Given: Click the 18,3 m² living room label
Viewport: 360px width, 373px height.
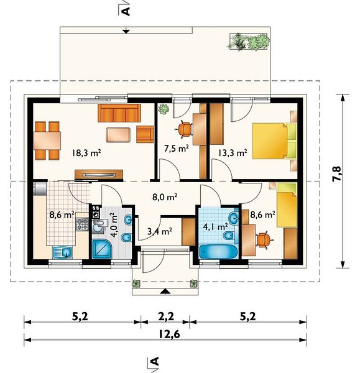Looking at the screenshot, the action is pos(86,153).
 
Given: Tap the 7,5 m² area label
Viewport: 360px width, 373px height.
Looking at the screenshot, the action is pos(177,149).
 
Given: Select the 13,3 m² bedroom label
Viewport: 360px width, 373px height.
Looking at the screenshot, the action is pos(233,153).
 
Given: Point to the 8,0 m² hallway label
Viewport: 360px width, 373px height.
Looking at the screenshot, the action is pos(165,197).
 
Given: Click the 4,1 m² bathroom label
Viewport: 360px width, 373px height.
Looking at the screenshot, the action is pos(216,226).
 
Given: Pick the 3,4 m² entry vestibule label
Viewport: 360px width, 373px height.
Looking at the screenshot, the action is pos(160,231).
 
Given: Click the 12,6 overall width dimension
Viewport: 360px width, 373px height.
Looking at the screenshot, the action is pos(169,334).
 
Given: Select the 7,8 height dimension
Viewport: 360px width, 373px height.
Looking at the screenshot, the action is pos(336,174).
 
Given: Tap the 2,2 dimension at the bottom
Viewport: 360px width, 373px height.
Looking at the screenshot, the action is pos(166,316).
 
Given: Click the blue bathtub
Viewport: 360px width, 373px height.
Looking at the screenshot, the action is pos(218,252).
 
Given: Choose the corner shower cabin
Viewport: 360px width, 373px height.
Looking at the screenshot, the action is pos(101,249).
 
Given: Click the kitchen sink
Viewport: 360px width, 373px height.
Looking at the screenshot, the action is pos(62,252).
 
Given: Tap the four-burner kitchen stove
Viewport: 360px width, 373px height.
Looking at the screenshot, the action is pos(82,224).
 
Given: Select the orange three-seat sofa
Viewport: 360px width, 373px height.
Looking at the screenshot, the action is pos(119,113).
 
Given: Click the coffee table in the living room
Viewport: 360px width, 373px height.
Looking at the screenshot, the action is pos(118,135).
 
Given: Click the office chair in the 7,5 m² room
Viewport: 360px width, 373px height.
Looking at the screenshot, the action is pos(185,129).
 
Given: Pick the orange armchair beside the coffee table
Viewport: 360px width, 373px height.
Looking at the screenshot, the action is pos(145,134).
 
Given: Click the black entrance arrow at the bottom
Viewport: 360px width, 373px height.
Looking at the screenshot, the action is pos(165,292).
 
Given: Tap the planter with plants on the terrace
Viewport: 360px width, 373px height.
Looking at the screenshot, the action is pos(249,42).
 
